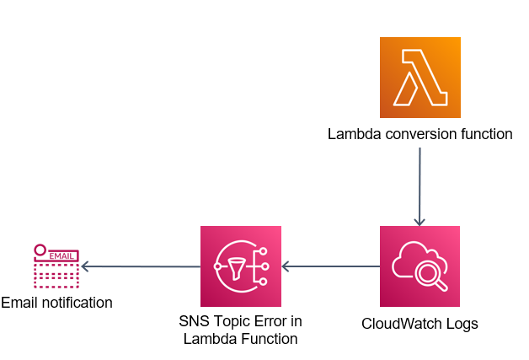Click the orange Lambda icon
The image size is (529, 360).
tap(419, 77)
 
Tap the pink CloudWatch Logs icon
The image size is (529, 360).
tap(419, 266)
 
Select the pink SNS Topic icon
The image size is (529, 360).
tap(240, 266)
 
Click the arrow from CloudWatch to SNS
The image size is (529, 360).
tap(330, 266)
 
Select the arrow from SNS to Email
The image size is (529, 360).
tap(140, 266)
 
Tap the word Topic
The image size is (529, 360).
tap(231, 322)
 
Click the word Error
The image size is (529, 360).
tap(270, 322)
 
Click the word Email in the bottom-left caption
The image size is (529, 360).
tap(19, 302)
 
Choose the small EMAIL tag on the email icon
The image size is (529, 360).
tap(61, 254)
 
